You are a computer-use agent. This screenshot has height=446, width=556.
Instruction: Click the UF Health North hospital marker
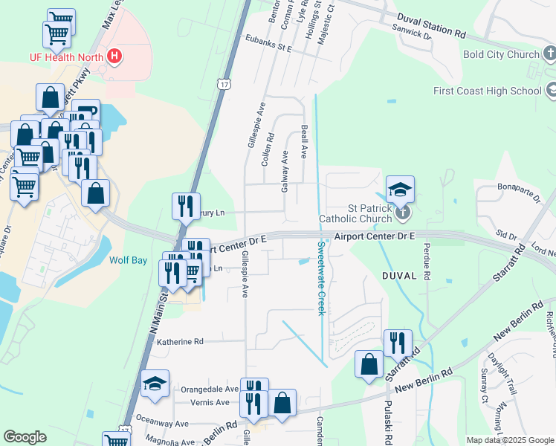tap(114, 55)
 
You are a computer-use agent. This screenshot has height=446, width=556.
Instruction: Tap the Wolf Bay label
tap(129, 261)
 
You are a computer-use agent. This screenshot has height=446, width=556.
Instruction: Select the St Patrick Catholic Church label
tap(355, 213)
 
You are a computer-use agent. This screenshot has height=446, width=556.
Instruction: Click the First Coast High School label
tap(488, 91)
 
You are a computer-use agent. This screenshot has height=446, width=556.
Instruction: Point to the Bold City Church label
tap(500, 54)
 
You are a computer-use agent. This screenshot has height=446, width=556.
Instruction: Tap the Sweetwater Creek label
tap(321, 278)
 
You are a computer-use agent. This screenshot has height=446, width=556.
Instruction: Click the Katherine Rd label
tap(179, 342)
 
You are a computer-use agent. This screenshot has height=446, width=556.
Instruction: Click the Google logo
tap(25, 437)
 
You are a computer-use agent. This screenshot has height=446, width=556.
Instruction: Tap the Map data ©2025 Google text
tap(509, 440)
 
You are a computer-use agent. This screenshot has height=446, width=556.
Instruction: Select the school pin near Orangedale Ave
tap(155, 383)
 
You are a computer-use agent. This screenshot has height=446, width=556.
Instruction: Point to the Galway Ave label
tap(285, 172)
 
